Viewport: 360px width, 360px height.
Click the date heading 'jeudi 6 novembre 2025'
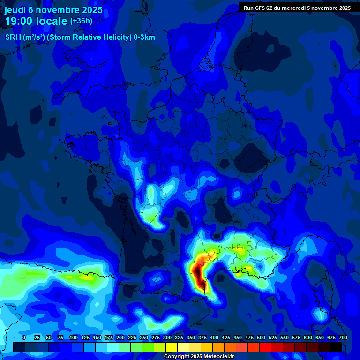pos(53,10)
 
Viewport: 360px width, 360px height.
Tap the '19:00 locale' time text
pos(36,21)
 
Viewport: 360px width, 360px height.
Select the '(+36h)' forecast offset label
pos(81,21)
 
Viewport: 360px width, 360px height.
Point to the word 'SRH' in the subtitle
pos(13,37)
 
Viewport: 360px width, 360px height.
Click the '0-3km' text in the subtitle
pos(144,37)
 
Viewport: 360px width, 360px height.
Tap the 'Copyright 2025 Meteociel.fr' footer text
pos(199,356)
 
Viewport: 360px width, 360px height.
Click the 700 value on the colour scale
pos(343,337)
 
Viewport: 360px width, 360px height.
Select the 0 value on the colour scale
pos(23,337)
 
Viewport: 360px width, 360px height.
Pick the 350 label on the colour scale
pos(191,337)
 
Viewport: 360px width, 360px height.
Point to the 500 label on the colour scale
pos(261,337)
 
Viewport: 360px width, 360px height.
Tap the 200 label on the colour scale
pos(120,337)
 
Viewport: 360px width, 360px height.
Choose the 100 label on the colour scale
pos(74,337)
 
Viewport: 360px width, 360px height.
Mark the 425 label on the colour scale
pos(226,337)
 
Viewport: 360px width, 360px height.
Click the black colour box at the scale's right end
pos(336,347)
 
